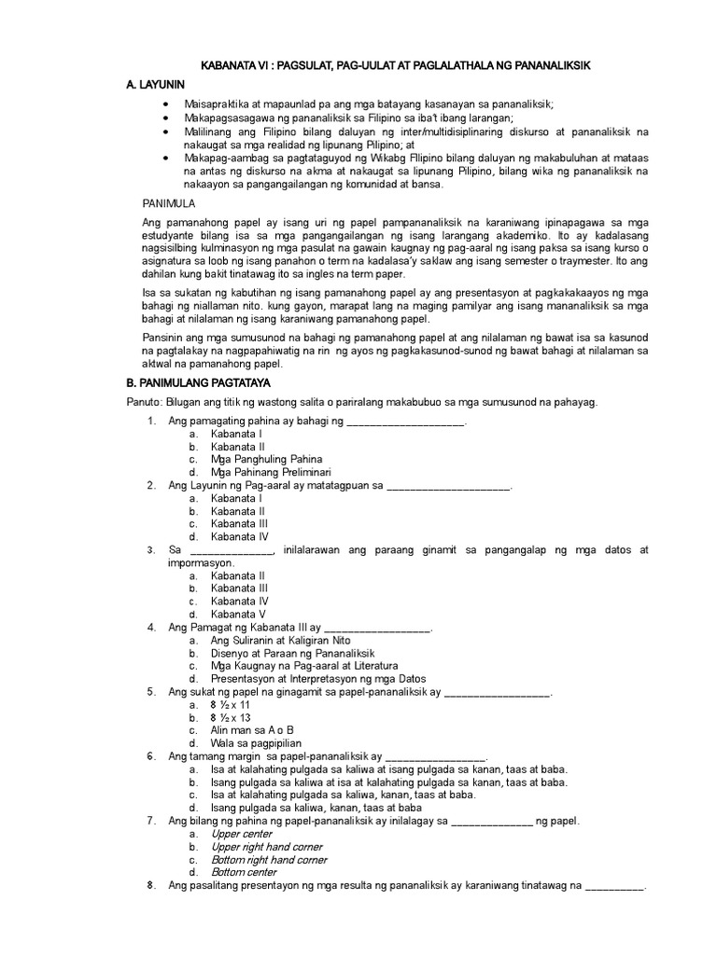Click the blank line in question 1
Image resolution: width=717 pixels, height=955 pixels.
point(405,422)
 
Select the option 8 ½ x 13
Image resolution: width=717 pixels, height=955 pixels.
point(234,718)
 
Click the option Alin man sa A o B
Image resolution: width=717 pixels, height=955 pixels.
point(252,730)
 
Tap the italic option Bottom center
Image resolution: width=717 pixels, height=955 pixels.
point(245,872)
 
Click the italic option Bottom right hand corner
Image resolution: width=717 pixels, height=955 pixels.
point(269,859)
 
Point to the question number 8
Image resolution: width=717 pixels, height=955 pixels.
point(150,884)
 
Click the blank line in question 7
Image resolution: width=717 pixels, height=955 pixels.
point(493,821)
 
